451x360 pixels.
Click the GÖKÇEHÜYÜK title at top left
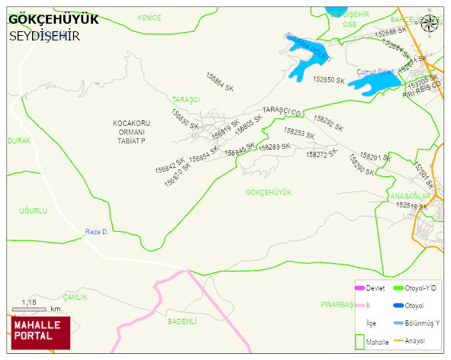pos(53,20)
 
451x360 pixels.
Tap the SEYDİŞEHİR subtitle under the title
pos(44,36)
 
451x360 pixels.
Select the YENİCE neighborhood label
pos(150,17)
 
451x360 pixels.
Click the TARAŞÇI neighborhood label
pos(185,100)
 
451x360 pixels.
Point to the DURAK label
pos(19,141)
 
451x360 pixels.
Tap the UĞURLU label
pos(34,210)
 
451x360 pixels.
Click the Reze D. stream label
pos(97,232)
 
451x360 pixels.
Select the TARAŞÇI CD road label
pos(282,111)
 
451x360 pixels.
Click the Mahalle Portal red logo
pos(40,332)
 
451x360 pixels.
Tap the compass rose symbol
pos(430,22)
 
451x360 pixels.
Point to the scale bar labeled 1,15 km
pos(34,308)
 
